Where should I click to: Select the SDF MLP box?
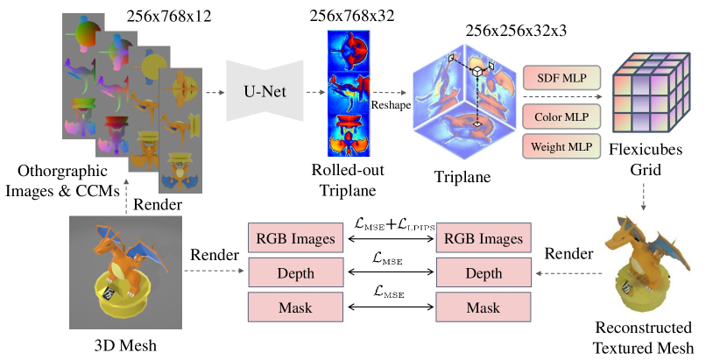tap(556, 78)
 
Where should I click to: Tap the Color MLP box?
tap(556, 114)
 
